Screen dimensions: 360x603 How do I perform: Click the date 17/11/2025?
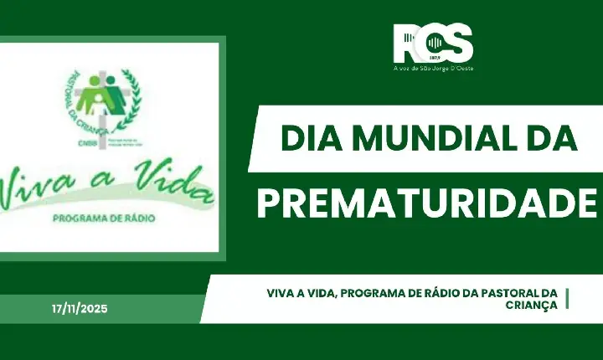click(x=80, y=309)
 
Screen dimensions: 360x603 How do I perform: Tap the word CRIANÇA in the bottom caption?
click(x=532, y=306)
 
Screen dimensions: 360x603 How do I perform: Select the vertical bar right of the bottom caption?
click(x=568, y=299)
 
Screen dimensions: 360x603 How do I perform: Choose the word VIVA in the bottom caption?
click(x=284, y=293)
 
